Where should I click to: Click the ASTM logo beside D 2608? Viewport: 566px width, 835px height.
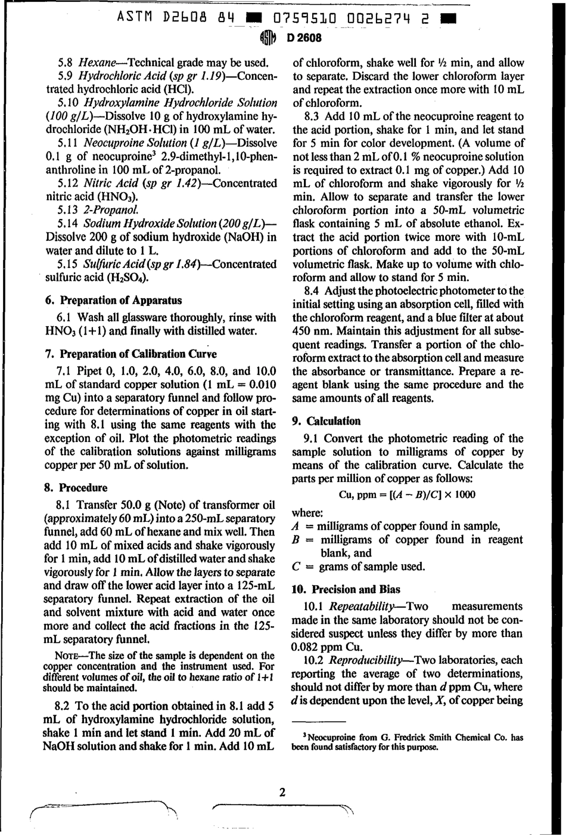point(269,38)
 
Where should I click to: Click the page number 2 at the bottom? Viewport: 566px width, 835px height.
point(282,792)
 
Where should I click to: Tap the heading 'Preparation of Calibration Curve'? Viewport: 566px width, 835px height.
point(131,353)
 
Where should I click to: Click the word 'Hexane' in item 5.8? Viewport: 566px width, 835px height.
point(98,62)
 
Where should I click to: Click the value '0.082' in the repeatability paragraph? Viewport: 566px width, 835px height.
point(307,647)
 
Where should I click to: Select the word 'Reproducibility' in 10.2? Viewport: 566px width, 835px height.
point(366,660)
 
